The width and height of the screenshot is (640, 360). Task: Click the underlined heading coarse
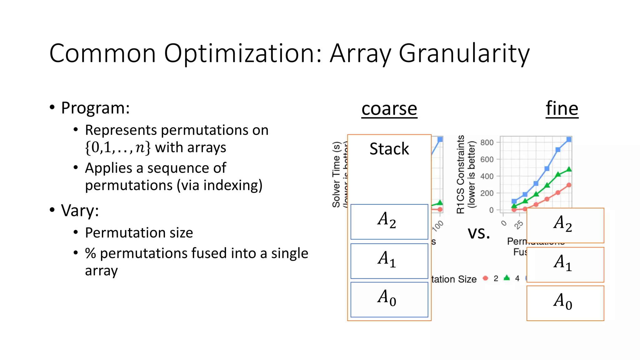(389, 109)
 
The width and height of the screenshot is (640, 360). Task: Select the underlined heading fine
(562, 108)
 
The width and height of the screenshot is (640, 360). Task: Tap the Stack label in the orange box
(389, 149)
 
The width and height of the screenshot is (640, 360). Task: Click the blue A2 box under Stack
(389, 222)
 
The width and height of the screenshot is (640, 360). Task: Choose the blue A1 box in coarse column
(389, 261)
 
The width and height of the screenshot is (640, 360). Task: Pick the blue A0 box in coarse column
(389, 299)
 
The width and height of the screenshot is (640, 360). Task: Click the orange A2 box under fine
(565, 225)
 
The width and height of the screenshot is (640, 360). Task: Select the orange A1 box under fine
(565, 264)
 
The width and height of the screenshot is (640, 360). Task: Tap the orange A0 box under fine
(565, 303)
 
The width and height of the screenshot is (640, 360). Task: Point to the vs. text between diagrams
(478, 233)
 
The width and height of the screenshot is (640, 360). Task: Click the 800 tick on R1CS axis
(487, 142)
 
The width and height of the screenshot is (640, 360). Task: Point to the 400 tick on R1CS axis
(487, 176)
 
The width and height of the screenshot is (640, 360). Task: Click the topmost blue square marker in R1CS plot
(569, 139)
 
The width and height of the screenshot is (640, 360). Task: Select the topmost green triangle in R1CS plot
(569, 169)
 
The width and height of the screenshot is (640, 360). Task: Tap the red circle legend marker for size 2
(485, 278)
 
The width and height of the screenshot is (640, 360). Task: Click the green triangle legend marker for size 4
(507, 277)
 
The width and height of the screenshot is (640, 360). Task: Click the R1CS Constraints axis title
(461, 174)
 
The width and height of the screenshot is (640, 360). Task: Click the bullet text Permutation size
(139, 233)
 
